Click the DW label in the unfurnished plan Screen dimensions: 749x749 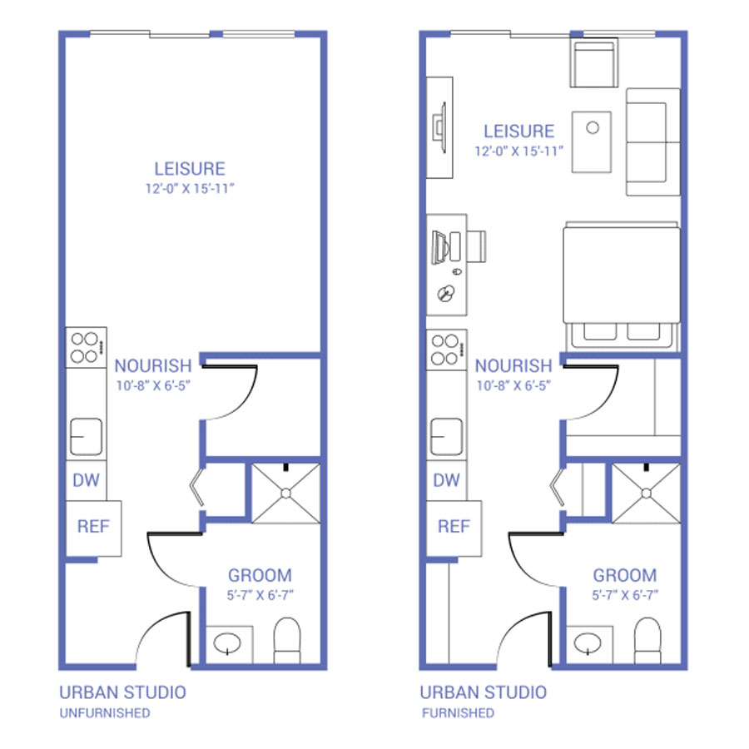tap(86, 479)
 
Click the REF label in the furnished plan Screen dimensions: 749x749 tap(454, 527)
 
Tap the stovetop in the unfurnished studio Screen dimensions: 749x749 tap(86, 347)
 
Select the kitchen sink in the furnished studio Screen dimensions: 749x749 tap(446, 437)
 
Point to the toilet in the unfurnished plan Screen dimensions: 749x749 tap(287, 641)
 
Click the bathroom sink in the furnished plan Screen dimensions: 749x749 tap(588, 643)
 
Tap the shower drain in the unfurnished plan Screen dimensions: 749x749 tap(285, 494)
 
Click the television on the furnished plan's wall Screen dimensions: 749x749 tap(439, 127)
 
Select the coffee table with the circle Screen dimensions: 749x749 tap(592, 141)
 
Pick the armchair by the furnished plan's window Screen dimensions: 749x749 tap(593, 62)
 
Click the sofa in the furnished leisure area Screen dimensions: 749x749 tap(653, 141)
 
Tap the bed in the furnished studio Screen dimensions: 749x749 tap(622, 285)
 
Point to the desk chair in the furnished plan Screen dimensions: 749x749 tap(476, 246)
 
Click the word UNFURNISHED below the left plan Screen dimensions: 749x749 tap(105, 713)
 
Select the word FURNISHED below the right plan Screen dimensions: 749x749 tap(458, 713)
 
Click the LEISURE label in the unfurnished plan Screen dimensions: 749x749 tap(190, 169)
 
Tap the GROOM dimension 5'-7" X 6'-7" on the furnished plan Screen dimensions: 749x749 tap(625, 595)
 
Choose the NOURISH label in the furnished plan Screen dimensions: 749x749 tap(513, 366)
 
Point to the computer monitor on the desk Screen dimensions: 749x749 tap(439, 247)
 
